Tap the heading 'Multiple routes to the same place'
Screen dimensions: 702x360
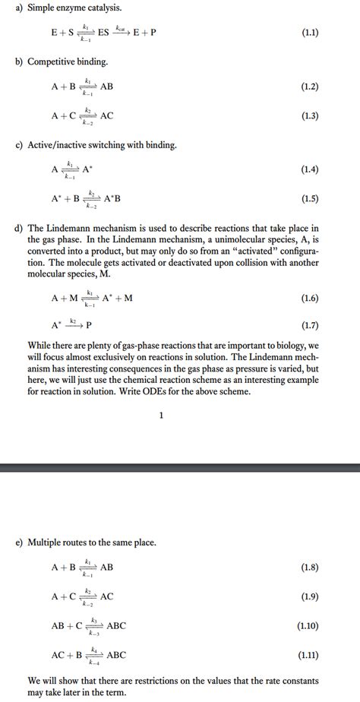(x=92, y=542)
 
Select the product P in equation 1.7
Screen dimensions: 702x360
(x=89, y=325)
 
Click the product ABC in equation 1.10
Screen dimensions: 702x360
(x=116, y=625)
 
